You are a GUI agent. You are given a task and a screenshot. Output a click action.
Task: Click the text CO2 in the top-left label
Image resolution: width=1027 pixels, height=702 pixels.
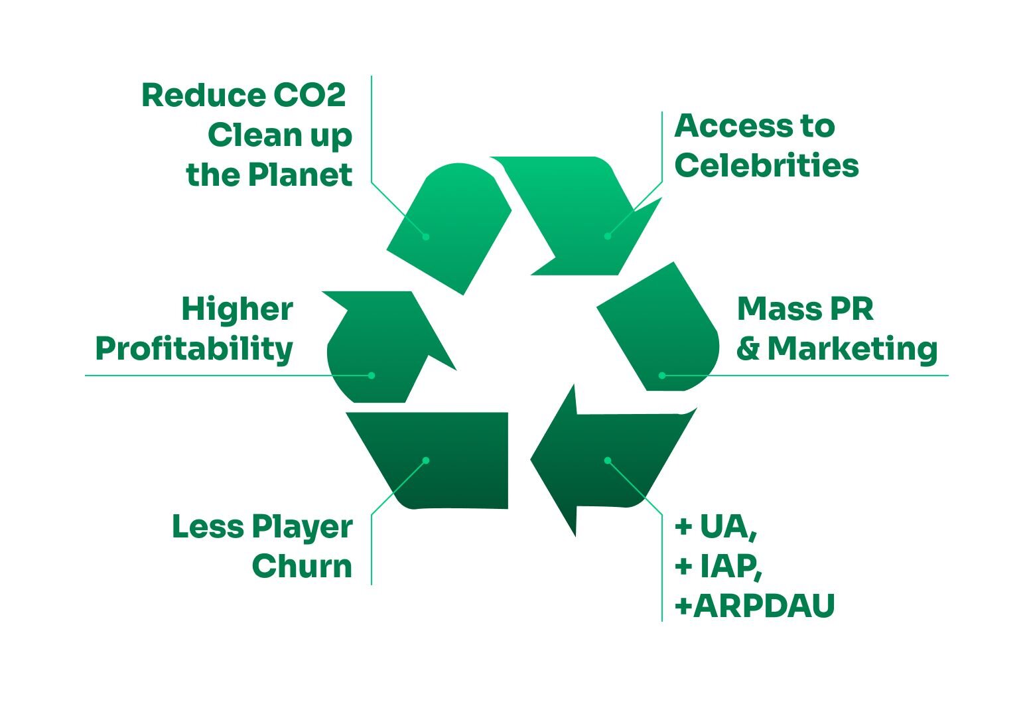tap(309, 96)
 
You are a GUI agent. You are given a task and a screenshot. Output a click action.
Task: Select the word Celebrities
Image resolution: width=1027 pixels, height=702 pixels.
tap(766, 165)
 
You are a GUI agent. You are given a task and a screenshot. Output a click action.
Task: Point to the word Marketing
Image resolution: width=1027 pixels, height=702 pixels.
tap(853, 349)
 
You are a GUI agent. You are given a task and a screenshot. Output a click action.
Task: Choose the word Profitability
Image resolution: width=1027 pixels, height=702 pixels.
tap(194, 350)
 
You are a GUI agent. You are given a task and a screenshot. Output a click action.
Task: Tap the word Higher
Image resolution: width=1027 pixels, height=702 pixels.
tap(237, 309)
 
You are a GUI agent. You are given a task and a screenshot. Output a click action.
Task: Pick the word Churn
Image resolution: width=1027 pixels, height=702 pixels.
tap(302, 566)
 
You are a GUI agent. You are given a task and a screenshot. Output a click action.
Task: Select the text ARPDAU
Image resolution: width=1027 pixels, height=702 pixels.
tap(764, 606)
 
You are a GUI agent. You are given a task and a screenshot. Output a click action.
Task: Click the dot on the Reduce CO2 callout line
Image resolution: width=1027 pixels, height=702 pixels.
tap(426, 237)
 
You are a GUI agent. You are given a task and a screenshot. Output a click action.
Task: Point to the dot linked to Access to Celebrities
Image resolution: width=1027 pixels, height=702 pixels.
tap(608, 236)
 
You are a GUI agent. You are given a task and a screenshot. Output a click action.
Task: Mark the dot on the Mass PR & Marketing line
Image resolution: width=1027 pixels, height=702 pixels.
tap(662, 376)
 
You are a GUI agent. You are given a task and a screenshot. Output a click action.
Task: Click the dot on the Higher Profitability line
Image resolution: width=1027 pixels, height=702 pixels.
tap(372, 376)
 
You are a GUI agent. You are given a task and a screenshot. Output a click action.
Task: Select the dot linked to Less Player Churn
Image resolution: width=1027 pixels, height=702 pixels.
tap(426, 460)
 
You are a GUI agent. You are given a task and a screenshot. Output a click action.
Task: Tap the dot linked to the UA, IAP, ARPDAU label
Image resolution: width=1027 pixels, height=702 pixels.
tap(608, 460)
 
